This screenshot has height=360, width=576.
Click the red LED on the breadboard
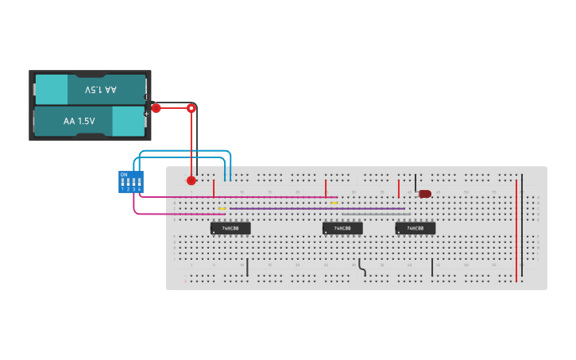425,194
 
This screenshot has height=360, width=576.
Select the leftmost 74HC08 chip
230,228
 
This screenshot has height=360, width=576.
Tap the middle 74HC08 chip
342,228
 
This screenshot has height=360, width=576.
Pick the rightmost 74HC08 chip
415,228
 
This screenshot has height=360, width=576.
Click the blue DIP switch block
130,182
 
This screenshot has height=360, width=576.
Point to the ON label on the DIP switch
123,174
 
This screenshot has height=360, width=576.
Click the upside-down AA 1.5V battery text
100,90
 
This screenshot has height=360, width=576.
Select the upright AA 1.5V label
79,122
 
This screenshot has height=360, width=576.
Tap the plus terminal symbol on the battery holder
146,114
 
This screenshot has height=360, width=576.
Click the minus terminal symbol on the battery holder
146,97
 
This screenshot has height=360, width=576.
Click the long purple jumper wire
318,209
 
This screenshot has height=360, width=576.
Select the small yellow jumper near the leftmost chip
222,209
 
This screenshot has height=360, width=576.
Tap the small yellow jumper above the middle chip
334,203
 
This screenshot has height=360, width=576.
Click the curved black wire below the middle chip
362,268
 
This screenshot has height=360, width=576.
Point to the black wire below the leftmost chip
248,267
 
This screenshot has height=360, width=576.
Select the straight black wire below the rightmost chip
432,267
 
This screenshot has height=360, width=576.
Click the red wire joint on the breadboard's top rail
191,180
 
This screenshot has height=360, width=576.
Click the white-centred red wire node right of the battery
191,107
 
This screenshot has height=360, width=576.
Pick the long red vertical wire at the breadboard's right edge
516,230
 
